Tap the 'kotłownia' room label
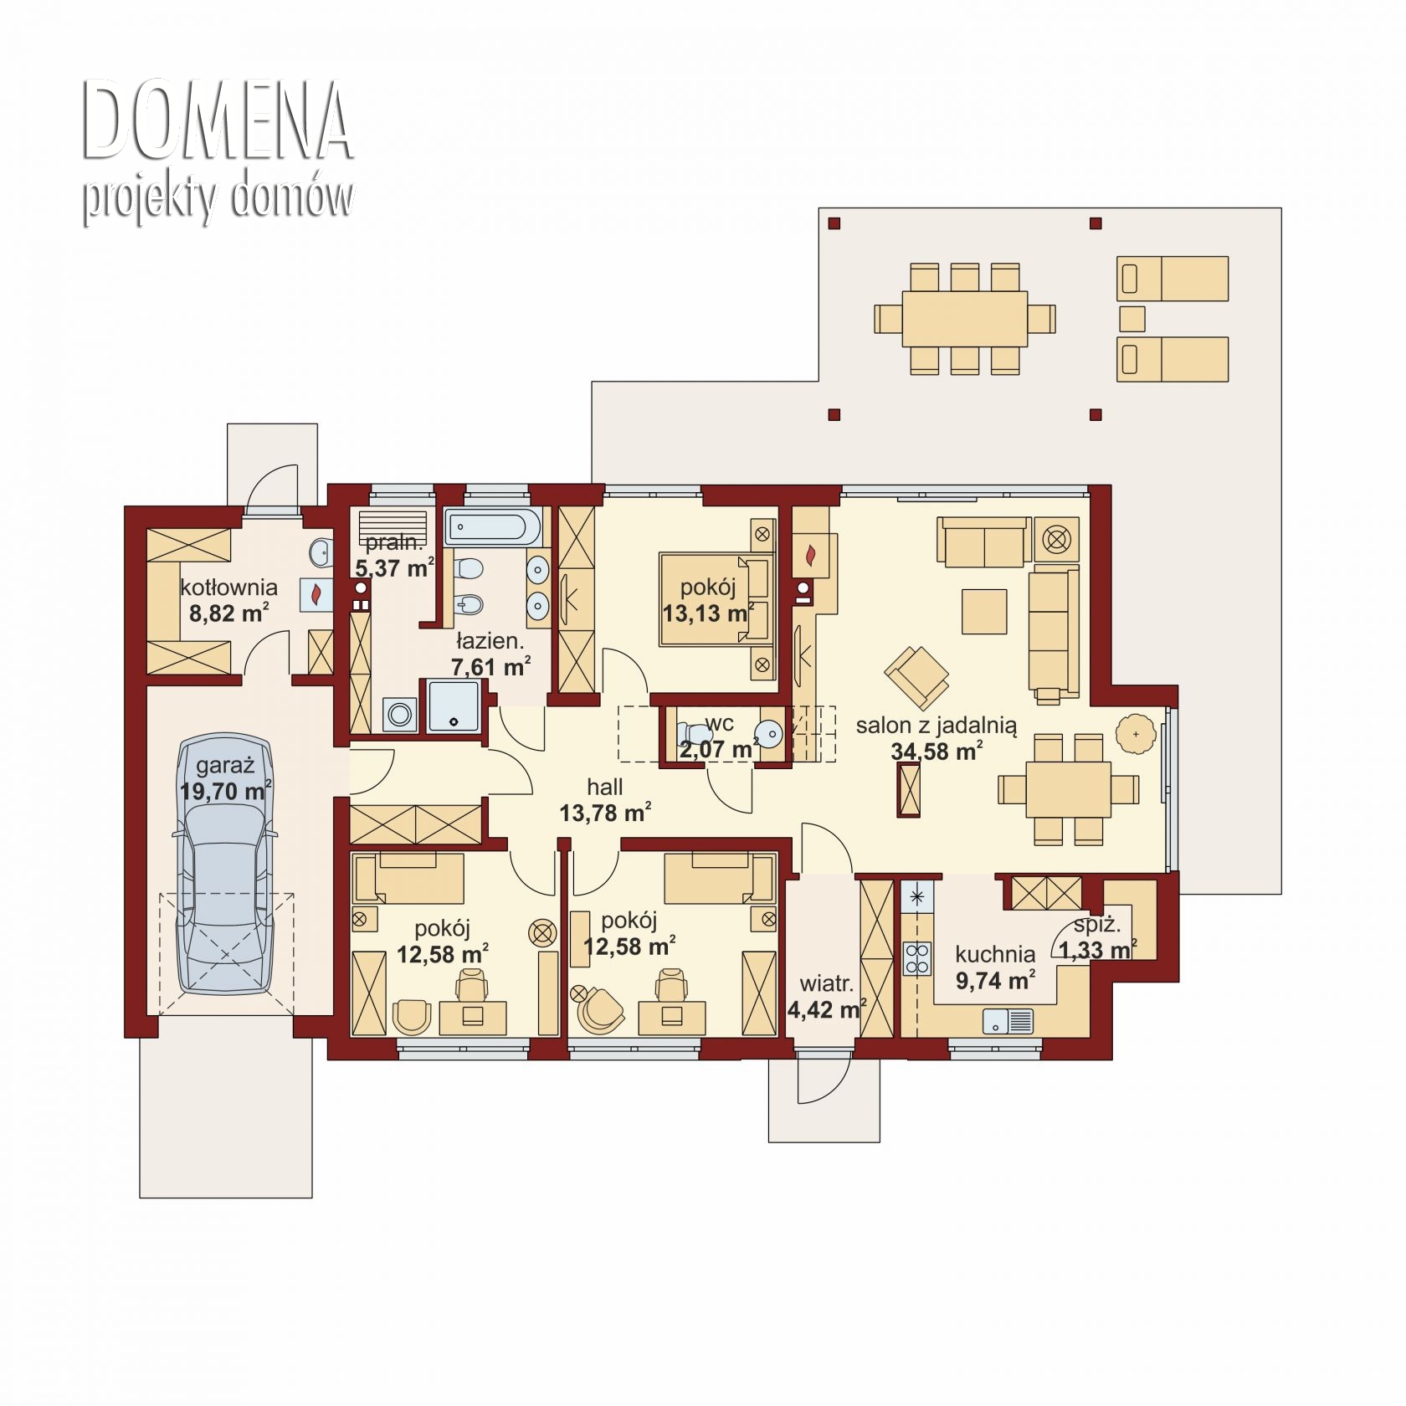click(x=228, y=588)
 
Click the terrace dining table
click(x=964, y=318)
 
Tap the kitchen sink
click(x=1008, y=1021)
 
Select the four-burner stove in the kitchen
click(x=917, y=958)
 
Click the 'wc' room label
click(x=719, y=723)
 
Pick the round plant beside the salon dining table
click(x=1136, y=734)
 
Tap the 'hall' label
click(x=604, y=787)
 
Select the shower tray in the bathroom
click(x=454, y=707)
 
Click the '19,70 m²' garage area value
click(x=225, y=790)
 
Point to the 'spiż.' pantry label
click(x=1096, y=925)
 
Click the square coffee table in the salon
click(x=984, y=611)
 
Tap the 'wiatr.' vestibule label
click(x=826, y=983)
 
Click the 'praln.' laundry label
click(x=394, y=543)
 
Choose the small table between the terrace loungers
click(x=1132, y=319)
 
